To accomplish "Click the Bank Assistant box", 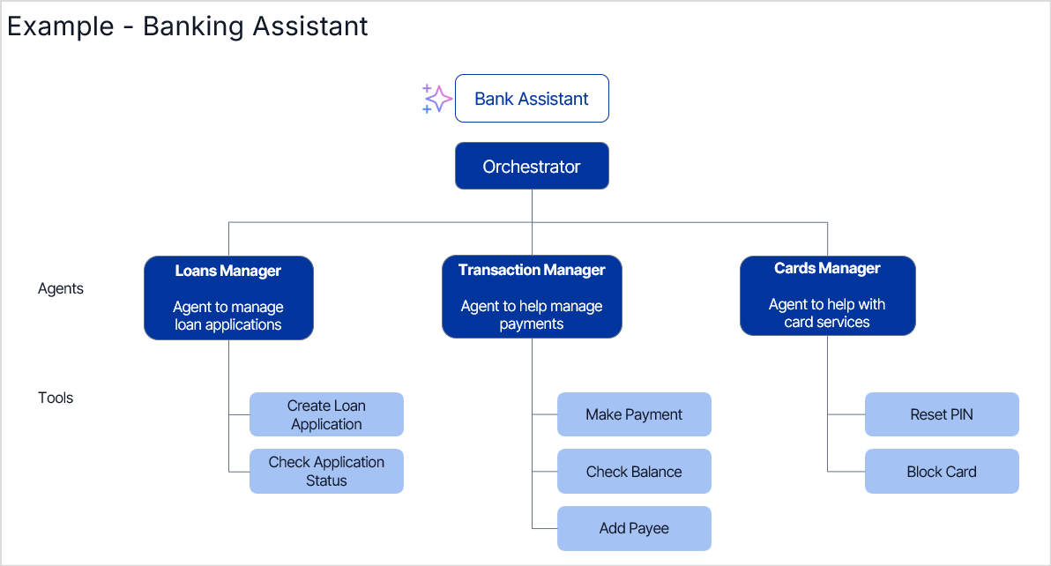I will [x=532, y=99].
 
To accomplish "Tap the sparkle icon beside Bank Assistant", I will [x=436, y=99].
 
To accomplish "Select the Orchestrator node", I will [x=532, y=167].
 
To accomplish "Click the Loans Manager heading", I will [x=228, y=272].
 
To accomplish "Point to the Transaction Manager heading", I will [x=532, y=271].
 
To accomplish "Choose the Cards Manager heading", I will [x=827, y=269].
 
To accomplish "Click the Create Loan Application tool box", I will [x=326, y=415].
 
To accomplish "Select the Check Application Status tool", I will [x=326, y=472].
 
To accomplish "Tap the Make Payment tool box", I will [x=634, y=415].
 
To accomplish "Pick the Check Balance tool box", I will [x=634, y=472].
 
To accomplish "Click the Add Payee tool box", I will [x=634, y=529].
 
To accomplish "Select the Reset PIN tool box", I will [x=942, y=415].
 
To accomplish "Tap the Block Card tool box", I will [x=942, y=472].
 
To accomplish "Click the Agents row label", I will [x=61, y=289].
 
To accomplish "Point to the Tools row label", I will [x=56, y=398].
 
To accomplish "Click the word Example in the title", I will [x=60, y=26].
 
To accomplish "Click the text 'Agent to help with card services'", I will [x=827, y=314].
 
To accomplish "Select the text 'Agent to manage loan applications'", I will [x=228, y=317].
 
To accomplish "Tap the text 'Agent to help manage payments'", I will [x=532, y=316].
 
